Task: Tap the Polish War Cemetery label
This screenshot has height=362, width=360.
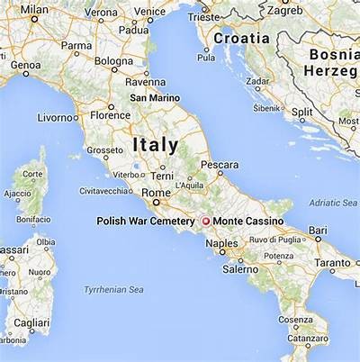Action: pos(145,222)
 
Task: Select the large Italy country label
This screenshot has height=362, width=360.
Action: pos(155,144)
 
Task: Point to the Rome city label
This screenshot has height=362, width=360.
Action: pos(157,192)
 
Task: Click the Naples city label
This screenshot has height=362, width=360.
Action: pos(222,243)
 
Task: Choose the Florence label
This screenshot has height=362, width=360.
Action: pos(110,115)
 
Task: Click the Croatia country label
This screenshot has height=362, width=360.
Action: pos(241,39)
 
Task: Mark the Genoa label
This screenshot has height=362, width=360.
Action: pos(25,65)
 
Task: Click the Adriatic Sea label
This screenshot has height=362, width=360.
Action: pos(332,203)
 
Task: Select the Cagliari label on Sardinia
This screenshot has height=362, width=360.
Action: pos(31,321)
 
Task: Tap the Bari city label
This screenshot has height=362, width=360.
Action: pos(317,231)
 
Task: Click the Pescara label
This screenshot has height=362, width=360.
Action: pos(219,166)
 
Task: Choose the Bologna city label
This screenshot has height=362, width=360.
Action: pos(114,61)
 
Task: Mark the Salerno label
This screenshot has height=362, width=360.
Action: pos(240,268)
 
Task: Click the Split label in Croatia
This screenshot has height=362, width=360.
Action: pos(302,112)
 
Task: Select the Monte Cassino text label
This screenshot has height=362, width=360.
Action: pos(247,222)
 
